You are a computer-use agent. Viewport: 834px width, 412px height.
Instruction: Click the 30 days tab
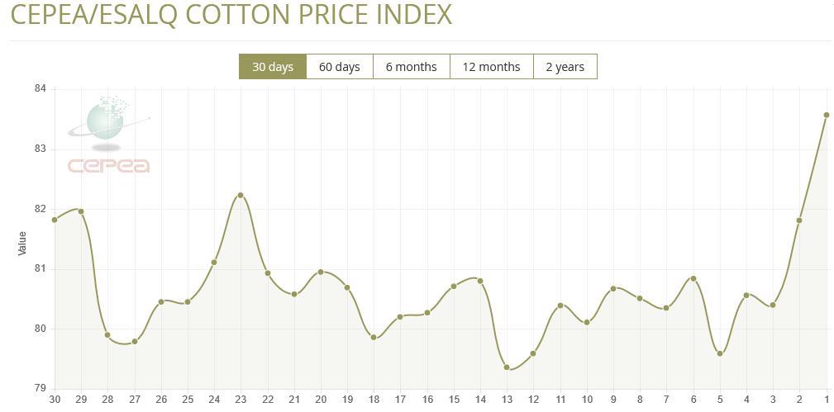pyautogui.click(x=273, y=67)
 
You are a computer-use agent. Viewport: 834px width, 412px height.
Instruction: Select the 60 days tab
pyautogui.click(x=339, y=67)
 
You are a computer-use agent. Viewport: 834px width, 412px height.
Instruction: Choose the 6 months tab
pyautogui.click(x=411, y=67)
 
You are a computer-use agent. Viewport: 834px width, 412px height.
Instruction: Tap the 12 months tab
pyautogui.click(x=491, y=67)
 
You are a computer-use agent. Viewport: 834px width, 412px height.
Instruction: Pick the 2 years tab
pyautogui.click(x=565, y=67)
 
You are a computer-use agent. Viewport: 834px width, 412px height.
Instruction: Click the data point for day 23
pyautogui.click(x=241, y=196)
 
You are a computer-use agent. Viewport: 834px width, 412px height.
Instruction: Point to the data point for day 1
pyautogui.click(x=827, y=116)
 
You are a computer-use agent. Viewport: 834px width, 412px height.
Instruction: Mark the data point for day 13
pyautogui.click(x=507, y=367)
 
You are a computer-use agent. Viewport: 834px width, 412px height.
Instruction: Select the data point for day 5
pyautogui.click(x=720, y=353)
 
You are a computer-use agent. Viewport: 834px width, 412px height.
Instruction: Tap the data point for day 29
pyautogui.click(x=81, y=211)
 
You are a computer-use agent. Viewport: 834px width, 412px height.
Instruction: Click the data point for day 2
pyautogui.click(x=799, y=220)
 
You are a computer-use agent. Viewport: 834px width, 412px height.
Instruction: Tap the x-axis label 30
pyautogui.click(x=55, y=400)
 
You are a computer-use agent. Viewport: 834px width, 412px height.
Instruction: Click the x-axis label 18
pyautogui.click(x=374, y=400)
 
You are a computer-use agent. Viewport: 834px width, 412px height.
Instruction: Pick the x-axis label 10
pyautogui.click(x=587, y=400)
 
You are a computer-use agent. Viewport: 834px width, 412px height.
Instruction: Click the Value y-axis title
pyautogui.click(x=22, y=243)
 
